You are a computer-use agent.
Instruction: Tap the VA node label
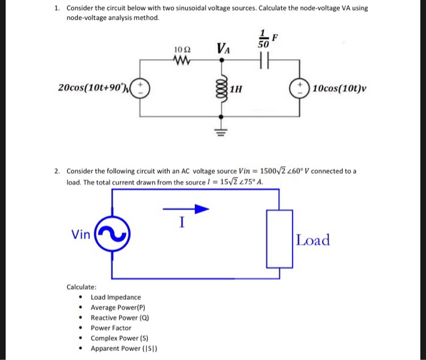[223, 48]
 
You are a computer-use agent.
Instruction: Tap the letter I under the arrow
[181, 223]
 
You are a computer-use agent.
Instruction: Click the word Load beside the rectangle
[313, 240]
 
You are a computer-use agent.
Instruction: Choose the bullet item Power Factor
[111, 328]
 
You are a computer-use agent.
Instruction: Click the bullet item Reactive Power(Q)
[119, 317]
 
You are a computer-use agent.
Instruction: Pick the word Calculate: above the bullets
[81, 286]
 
